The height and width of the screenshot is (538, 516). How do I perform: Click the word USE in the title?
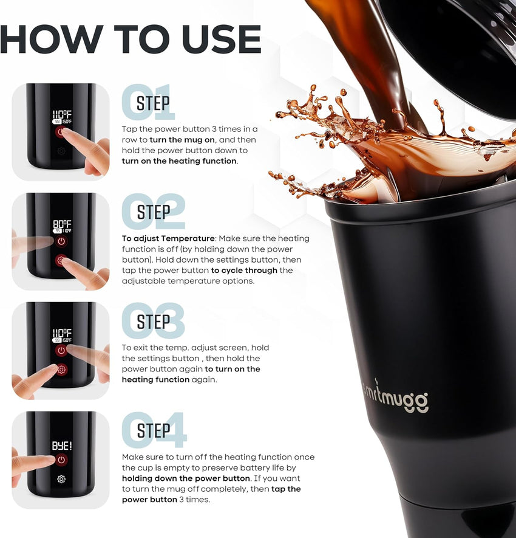tap(222, 39)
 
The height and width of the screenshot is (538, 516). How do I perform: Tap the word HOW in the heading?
tap(52, 39)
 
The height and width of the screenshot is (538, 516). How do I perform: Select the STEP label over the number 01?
tap(153, 103)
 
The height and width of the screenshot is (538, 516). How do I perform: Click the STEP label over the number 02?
tap(154, 212)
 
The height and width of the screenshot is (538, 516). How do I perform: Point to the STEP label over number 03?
tap(154, 322)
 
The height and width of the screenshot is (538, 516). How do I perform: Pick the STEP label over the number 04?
tap(154, 430)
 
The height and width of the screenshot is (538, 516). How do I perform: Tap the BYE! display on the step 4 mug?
tap(62, 446)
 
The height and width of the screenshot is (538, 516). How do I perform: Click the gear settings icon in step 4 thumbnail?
tap(61, 479)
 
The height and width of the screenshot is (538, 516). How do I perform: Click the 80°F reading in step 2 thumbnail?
tap(62, 224)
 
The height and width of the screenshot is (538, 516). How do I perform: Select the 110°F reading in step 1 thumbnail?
tap(62, 114)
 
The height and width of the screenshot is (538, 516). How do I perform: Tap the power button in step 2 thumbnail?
tap(61, 241)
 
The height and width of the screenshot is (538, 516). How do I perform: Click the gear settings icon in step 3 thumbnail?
tap(62, 370)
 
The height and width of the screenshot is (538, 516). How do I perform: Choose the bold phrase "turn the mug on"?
tap(182, 140)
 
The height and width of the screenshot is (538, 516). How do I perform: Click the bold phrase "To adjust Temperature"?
tap(168, 238)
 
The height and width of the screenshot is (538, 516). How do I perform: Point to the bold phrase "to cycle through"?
tap(244, 271)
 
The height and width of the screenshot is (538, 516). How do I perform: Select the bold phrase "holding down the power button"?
tap(186, 478)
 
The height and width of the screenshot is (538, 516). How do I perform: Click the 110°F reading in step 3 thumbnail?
tap(62, 333)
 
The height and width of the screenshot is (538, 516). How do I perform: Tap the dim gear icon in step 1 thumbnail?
tap(61, 151)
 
